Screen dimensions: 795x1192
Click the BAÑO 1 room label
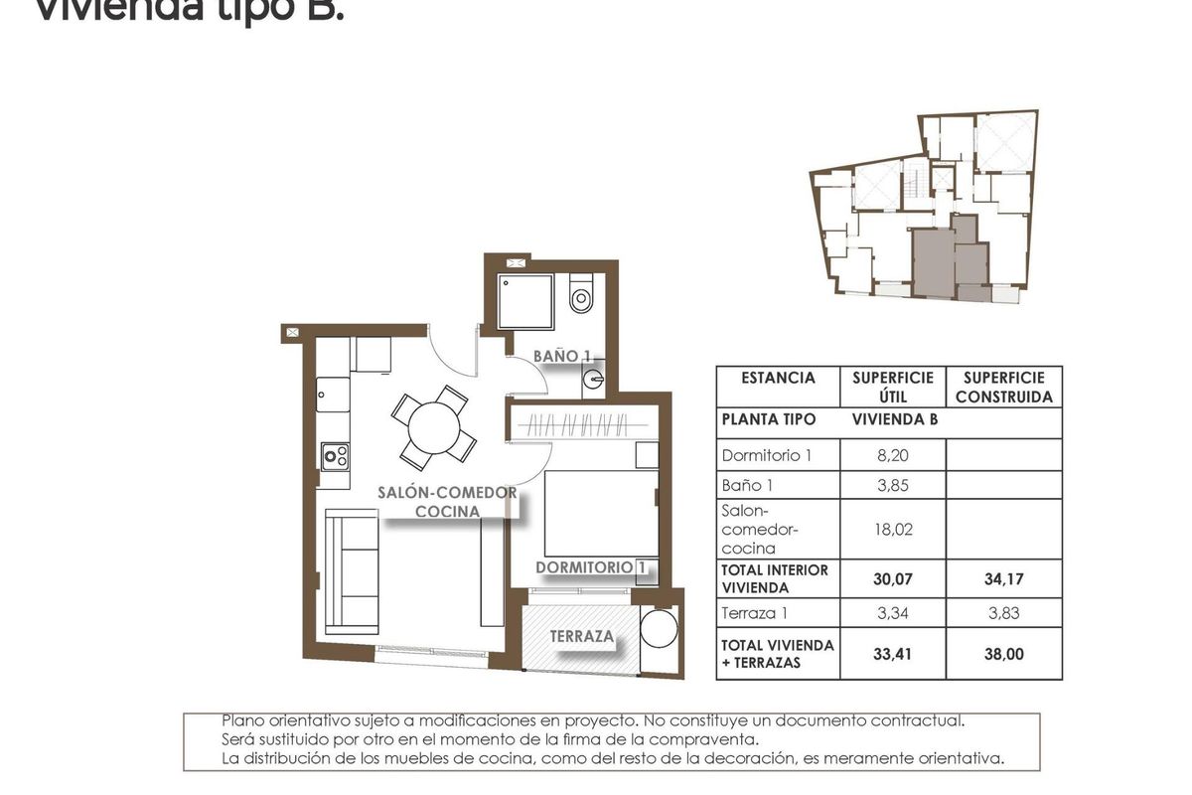click(562, 355)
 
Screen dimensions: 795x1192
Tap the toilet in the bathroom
click(581, 295)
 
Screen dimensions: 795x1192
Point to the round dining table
click(434, 428)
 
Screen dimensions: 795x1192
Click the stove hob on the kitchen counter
click(335, 457)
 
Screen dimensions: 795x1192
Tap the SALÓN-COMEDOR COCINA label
click(447, 502)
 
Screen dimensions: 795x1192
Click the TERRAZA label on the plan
click(583, 637)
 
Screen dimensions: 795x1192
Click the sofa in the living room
click(354, 571)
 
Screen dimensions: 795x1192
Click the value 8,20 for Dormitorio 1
click(891, 455)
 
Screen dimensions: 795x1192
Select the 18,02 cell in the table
click(891, 530)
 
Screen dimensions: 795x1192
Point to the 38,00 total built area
click(1002, 655)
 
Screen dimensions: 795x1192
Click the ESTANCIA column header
click(778, 378)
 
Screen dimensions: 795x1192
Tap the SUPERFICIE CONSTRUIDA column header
click(1003, 388)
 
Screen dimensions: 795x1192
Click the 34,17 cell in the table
click(1002, 578)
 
